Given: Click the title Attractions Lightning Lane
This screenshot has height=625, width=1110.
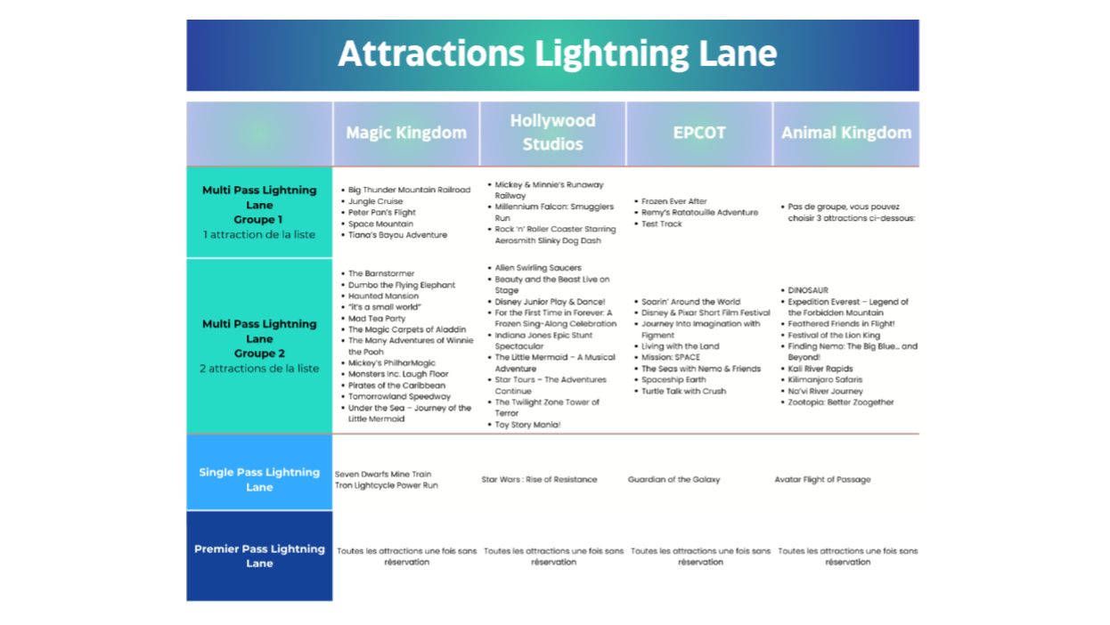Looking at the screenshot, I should [x=557, y=54].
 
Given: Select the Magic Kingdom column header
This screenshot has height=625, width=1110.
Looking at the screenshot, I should [x=406, y=133].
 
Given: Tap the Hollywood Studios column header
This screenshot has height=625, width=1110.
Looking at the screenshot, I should [x=552, y=133].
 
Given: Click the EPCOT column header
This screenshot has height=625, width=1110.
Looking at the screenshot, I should [x=699, y=133].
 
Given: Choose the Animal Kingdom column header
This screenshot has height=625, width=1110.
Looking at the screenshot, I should [x=846, y=133].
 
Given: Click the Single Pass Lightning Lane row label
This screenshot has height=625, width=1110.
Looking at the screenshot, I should [x=259, y=479].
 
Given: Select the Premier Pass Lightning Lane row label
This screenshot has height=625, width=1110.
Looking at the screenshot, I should [x=259, y=556].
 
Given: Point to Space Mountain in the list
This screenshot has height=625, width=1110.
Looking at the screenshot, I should [x=380, y=224].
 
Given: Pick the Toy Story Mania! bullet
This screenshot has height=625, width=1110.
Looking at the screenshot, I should [x=527, y=425].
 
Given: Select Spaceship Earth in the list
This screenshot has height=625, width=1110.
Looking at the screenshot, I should [x=675, y=380].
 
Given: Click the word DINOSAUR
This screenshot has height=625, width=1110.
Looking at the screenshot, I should [x=808, y=290].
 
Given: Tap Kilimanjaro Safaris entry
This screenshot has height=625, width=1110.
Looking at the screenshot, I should [x=825, y=380].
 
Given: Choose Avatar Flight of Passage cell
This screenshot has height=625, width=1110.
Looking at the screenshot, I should [x=822, y=480].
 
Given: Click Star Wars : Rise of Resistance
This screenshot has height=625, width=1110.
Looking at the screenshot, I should [x=539, y=480].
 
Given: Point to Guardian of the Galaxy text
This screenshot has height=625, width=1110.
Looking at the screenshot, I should [x=673, y=480].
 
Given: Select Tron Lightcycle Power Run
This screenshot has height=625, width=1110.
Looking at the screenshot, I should [x=387, y=485].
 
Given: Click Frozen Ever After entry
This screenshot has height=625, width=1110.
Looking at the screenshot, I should [x=673, y=202].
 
